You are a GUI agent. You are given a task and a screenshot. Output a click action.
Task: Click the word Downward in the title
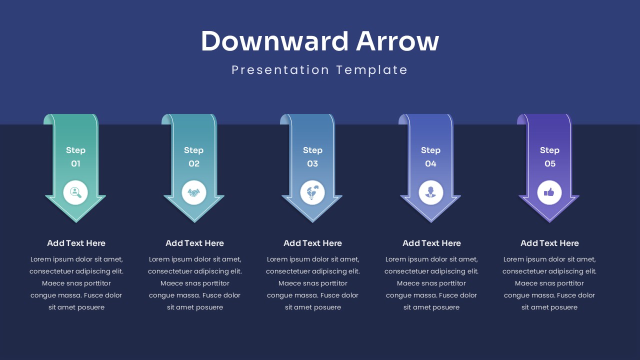[x=274, y=41]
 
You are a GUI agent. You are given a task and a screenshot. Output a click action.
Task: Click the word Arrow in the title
[x=397, y=41]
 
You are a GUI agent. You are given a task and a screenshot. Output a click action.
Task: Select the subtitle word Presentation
[x=280, y=70]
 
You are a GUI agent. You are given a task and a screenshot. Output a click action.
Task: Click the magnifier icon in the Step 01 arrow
[x=75, y=192]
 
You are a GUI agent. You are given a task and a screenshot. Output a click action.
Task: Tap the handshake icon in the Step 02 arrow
[x=194, y=192]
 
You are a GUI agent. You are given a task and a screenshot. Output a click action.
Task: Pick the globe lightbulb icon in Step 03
[x=312, y=192]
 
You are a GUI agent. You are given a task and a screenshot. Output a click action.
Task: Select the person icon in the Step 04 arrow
[x=430, y=192]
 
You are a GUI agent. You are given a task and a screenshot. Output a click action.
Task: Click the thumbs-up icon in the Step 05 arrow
[x=549, y=192]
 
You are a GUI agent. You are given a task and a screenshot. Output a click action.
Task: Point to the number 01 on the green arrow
[x=75, y=163]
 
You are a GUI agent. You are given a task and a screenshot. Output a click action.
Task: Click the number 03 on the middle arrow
[x=312, y=163]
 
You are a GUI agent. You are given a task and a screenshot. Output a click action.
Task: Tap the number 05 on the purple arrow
[x=549, y=163]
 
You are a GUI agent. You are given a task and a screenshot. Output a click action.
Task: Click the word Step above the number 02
[x=193, y=150]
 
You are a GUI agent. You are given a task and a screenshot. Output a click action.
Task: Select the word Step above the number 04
[x=430, y=150]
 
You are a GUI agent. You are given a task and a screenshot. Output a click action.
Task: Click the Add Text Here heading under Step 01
[x=76, y=243]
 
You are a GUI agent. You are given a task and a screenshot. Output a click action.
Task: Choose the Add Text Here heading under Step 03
[x=312, y=243]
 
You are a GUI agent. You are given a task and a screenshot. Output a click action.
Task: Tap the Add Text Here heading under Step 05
[x=549, y=243]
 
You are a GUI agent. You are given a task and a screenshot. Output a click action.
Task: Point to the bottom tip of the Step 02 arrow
[x=194, y=221]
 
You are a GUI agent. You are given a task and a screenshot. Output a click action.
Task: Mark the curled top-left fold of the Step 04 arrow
[x=402, y=119]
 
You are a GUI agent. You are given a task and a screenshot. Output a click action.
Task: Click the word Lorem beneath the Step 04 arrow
[x=395, y=259]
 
